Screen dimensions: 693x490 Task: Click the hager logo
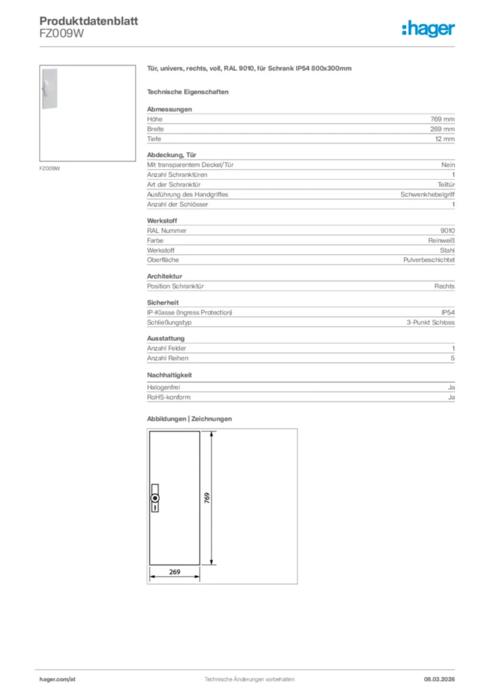428,28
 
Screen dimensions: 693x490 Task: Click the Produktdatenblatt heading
89,22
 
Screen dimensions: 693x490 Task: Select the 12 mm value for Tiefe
445,139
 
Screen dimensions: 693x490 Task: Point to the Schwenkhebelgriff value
428,194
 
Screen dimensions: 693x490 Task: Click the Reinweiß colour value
438,240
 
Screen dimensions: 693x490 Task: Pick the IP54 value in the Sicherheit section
447,313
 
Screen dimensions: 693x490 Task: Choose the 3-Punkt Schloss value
430,323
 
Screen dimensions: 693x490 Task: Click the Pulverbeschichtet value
429,260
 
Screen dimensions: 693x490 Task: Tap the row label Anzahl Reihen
168,358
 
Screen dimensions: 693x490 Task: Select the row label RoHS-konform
169,397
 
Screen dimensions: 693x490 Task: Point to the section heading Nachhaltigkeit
170,374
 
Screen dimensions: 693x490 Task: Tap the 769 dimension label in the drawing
207,498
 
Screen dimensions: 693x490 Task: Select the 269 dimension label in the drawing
175,572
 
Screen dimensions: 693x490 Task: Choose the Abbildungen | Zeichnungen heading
190,419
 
